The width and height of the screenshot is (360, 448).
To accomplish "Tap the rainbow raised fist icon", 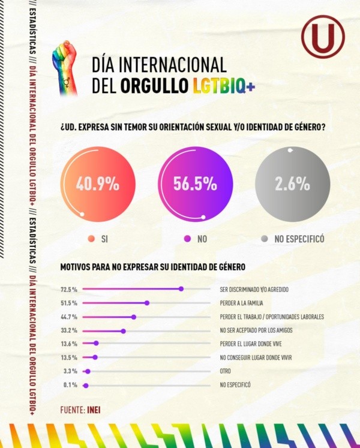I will (x=65, y=67).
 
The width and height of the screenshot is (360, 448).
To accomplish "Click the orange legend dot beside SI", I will (x=91, y=239).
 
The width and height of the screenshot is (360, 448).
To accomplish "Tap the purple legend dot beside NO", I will (x=187, y=239).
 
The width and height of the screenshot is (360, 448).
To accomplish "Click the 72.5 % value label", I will (x=69, y=289).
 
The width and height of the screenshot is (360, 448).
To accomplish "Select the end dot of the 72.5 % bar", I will (x=181, y=289).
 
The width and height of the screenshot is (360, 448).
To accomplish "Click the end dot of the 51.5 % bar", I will (x=146, y=303).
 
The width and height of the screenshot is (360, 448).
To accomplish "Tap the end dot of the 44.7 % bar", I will (x=134, y=317).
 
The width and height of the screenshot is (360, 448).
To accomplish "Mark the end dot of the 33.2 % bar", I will (x=123, y=330).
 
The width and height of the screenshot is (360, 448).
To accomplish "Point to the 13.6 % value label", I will (x=69, y=344).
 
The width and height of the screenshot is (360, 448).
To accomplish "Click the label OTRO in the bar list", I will (x=226, y=371).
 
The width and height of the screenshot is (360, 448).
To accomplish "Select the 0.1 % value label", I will (x=70, y=385).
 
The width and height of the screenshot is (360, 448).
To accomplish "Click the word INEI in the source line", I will (x=96, y=409).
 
